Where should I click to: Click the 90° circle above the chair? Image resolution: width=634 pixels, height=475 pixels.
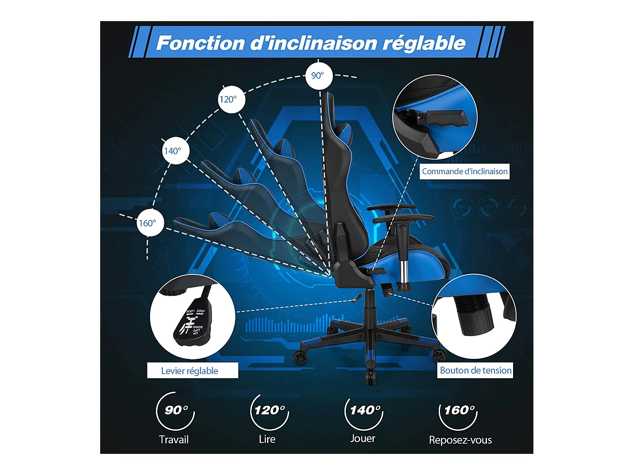319,76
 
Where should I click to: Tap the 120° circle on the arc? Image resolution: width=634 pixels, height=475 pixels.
231,100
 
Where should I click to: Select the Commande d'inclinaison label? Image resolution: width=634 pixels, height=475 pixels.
465,171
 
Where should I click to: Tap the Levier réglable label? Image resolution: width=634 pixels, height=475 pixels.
190,371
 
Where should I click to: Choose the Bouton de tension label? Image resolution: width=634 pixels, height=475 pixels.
475,370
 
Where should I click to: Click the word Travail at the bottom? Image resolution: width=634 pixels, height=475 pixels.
174,440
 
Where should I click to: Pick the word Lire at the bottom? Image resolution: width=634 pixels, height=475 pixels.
267,439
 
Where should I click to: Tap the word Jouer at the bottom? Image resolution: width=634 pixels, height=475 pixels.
363,438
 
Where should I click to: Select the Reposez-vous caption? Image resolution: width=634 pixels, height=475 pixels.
460,440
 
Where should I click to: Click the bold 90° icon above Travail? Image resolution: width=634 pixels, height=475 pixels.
176,410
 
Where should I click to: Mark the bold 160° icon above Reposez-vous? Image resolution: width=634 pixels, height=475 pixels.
459,410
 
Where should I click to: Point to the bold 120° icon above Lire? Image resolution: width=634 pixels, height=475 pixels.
270,410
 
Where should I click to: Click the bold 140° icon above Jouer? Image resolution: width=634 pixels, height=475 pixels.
365,410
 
